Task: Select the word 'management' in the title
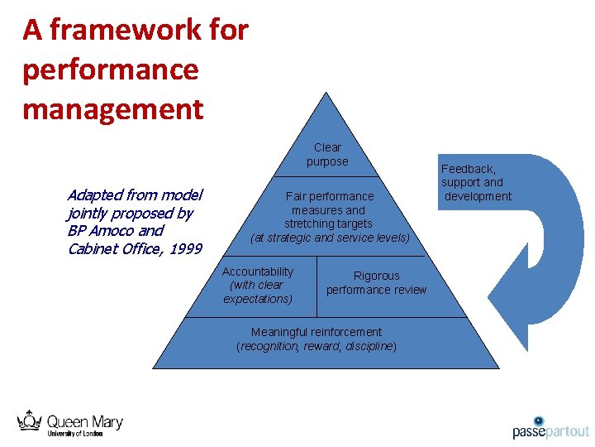click(113, 108)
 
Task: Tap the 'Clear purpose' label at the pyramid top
click(327, 155)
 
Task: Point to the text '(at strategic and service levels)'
click(330, 238)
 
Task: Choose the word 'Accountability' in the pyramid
click(257, 272)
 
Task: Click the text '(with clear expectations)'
click(259, 291)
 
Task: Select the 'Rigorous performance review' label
click(376, 282)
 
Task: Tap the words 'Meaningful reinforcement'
click(317, 332)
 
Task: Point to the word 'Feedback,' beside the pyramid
click(469, 169)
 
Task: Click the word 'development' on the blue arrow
click(478, 196)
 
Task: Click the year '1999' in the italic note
click(185, 248)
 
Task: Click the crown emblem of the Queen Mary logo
click(30, 420)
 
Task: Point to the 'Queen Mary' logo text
click(84, 422)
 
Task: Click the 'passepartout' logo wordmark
click(550, 431)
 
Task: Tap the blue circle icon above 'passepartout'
click(539, 421)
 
